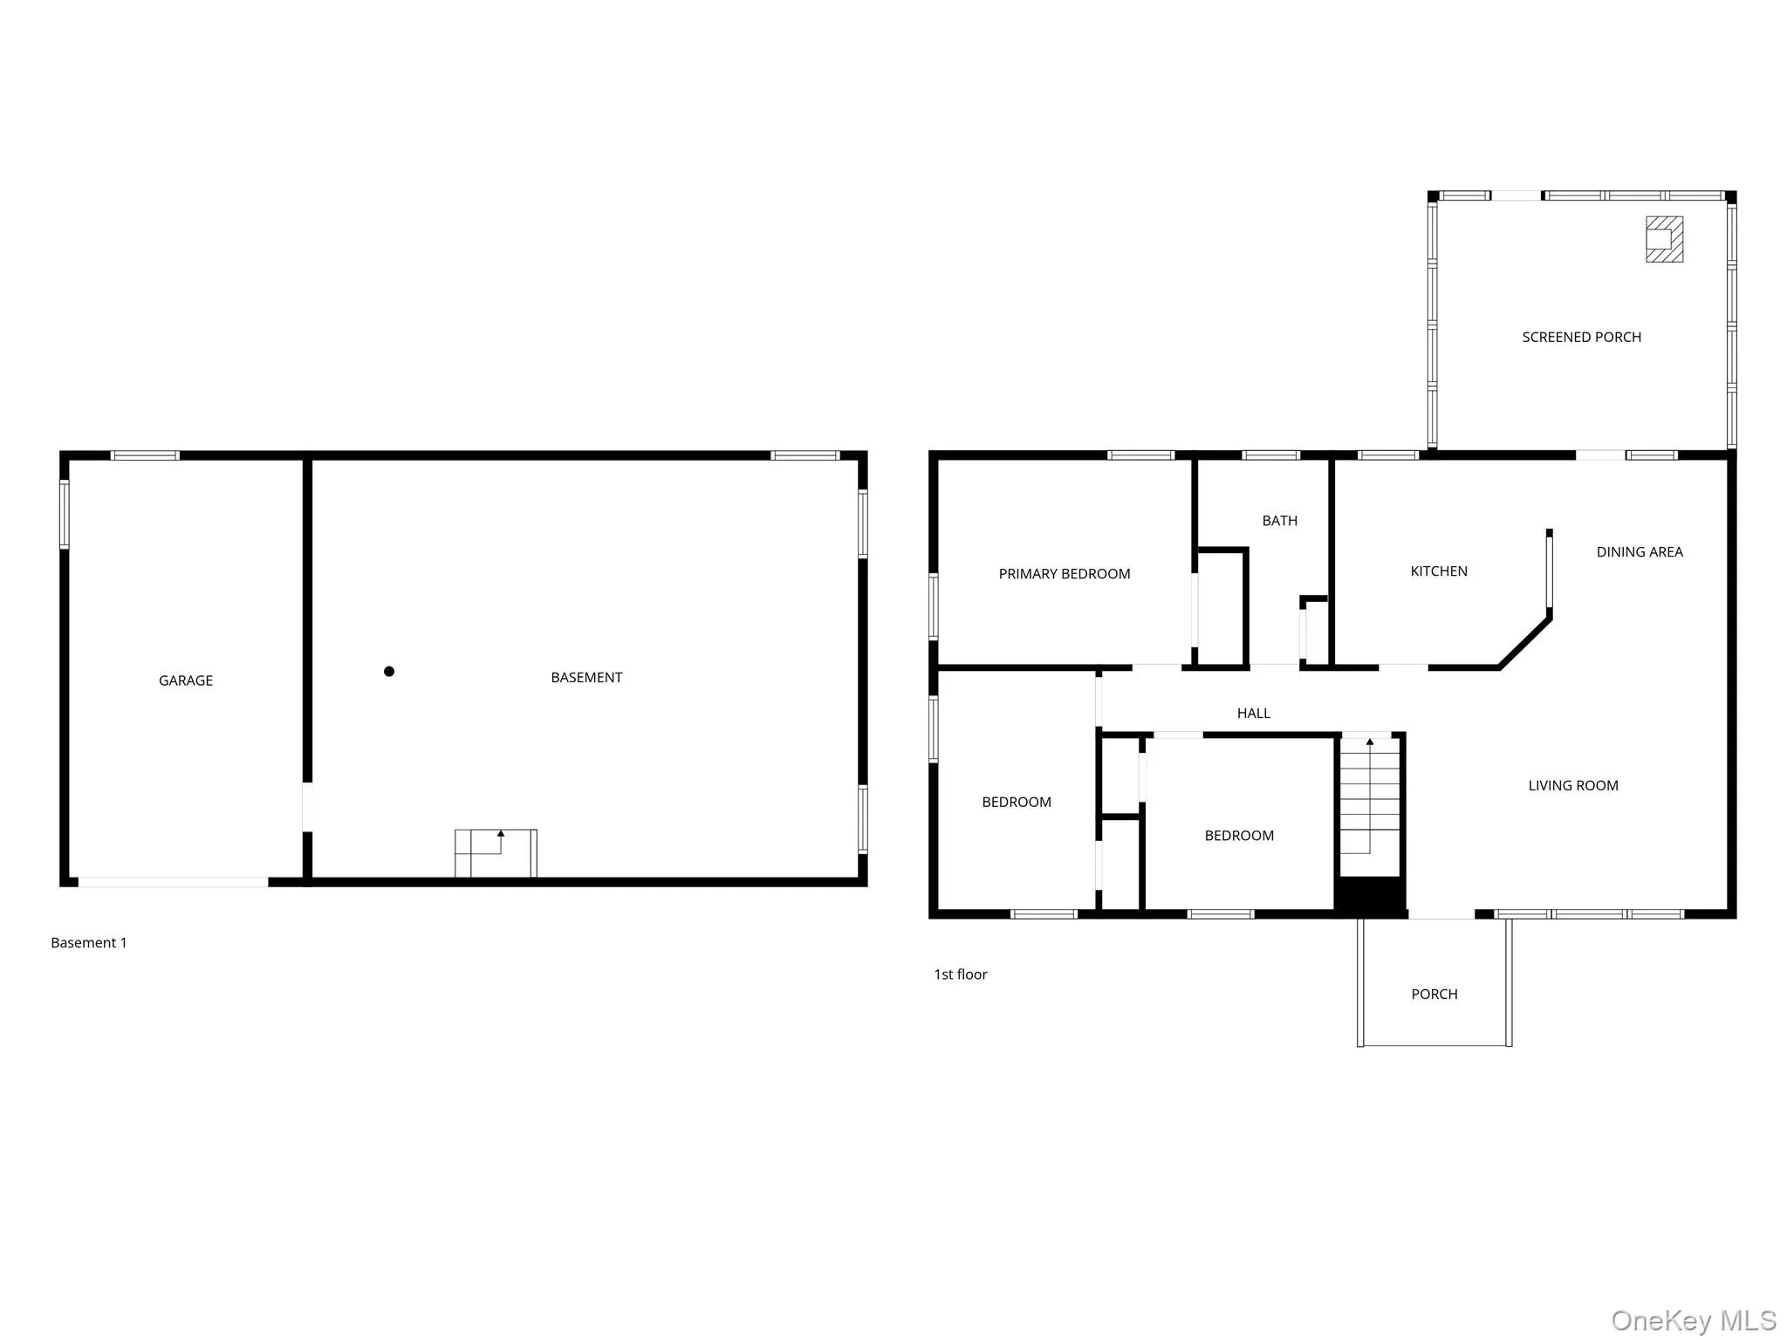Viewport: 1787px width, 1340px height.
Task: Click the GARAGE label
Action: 185,680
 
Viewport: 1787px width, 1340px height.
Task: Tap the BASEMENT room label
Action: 585,677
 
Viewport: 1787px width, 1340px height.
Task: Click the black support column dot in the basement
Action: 389,671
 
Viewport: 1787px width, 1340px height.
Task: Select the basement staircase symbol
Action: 496,853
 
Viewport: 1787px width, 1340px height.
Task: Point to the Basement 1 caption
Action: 88,942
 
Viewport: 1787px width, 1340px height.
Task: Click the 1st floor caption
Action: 960,974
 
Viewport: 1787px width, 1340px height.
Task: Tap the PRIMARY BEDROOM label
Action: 1064,573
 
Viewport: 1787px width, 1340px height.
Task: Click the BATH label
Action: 1279,520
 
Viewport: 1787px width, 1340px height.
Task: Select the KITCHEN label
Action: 1438,571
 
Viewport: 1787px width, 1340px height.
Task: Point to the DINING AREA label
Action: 1639,551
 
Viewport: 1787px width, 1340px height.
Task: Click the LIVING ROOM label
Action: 1572,785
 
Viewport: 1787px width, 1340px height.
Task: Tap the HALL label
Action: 1253,713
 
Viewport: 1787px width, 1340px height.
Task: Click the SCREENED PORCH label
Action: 1581,337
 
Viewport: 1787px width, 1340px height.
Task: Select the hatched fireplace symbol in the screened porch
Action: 1664,239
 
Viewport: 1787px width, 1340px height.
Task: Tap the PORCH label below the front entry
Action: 1434,994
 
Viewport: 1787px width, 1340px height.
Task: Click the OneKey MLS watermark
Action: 1693,1320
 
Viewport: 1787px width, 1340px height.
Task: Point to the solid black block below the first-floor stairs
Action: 1370,896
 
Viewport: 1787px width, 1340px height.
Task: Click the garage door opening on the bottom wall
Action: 173,882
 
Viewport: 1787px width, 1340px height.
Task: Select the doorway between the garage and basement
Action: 307,807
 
